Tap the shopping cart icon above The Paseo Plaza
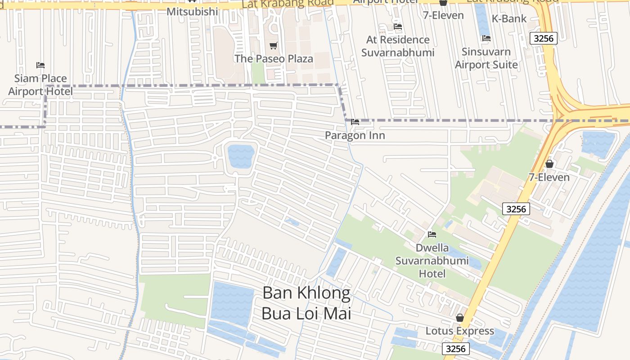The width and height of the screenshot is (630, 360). pos(273,45)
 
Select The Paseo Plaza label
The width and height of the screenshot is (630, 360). pos(274,58)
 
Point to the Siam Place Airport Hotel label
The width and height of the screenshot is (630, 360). pos(40,85)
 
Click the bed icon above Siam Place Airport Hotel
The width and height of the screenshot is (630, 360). pos(40,65)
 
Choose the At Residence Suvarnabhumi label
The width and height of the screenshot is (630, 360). pos(398,46)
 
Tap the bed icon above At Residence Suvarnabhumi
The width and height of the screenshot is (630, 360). pos(398,27)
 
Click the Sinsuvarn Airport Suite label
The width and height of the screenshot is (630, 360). pos(486,58)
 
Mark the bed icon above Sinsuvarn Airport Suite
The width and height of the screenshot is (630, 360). pos(486,38)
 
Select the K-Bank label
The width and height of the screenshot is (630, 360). pos(509,18)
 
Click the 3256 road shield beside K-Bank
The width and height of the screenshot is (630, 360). pos(543,38)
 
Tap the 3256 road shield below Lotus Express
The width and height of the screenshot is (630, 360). pos(456,349)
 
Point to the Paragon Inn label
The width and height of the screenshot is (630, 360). pos(355,135)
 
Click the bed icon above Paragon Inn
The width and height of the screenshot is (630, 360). pos(355,122)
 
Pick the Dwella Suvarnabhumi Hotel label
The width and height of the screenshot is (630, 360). pos(432,261)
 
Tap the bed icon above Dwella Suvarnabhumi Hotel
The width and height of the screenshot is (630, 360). pos(432,234)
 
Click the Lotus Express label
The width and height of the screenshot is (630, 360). pos(460,331)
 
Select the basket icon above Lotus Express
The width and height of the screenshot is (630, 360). pos(460,318)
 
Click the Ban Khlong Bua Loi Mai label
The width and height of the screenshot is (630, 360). pos(306,303)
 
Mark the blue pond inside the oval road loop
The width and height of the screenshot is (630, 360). pos(241,156)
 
